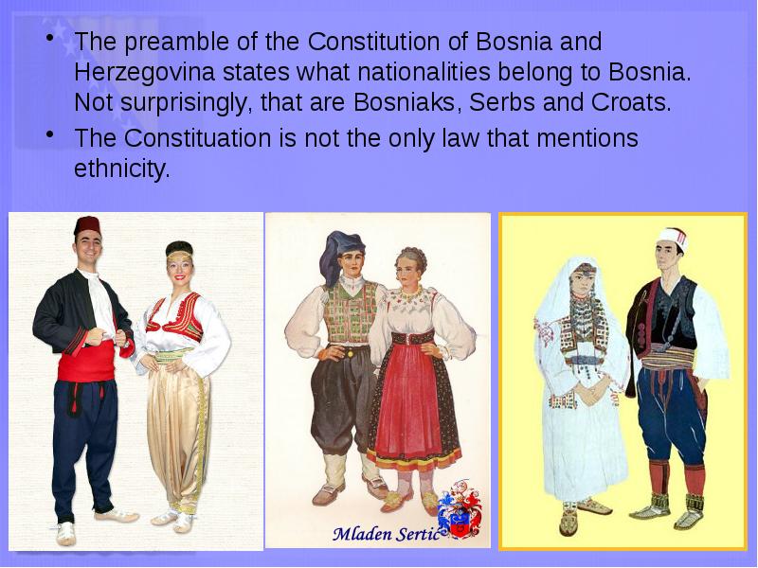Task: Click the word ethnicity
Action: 121,169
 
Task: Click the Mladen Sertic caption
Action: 386,534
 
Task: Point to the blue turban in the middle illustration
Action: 338,253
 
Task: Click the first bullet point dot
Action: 47,43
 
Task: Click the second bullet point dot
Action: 47,139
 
